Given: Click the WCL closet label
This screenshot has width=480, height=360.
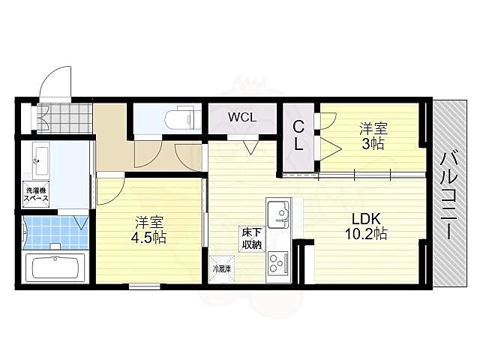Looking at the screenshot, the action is click(x=242, y=117).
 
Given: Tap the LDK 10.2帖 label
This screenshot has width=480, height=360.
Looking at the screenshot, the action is click(x=366, y=226).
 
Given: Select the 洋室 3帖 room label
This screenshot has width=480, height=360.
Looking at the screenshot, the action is click(x=373, y=136).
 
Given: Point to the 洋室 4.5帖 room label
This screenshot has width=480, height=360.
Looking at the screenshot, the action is click(x=148, y=230).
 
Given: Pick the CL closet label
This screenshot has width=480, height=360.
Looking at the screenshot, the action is click(x=298, y=135).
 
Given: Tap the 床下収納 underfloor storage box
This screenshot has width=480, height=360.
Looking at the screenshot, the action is click(x=252, y=239).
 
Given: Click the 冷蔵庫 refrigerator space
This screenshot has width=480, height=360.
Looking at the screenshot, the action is click(x=222, y=269).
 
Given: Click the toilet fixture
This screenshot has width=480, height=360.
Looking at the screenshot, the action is click(x=180, y=118).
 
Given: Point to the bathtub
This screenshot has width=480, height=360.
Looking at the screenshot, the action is click(x=55, y=268).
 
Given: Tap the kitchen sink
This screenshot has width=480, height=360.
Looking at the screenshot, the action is click(x=278, y=214).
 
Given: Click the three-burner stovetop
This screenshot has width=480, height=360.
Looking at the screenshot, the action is click(x=278, y=263).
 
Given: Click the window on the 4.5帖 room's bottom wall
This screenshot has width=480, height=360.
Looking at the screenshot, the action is click(x=145, y=286).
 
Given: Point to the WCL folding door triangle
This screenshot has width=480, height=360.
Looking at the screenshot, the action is click(x=251, y=147).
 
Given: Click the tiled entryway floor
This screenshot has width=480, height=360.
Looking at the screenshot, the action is click(x=64, y=118).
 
